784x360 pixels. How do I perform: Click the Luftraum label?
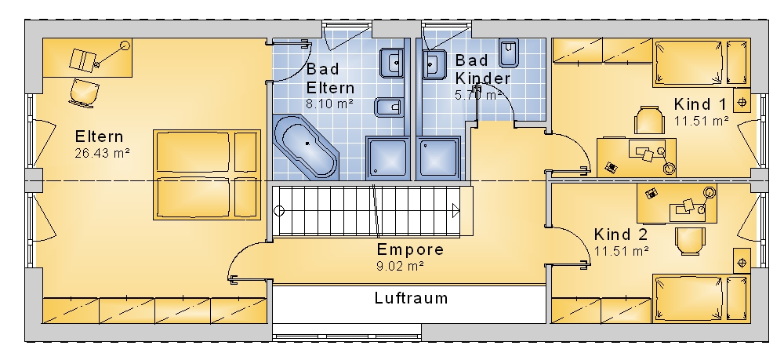411,298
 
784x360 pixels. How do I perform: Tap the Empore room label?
410,250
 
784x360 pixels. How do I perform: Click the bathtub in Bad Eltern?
307,147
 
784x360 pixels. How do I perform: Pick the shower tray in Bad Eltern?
387,157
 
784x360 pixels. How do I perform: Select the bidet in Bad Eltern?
389,107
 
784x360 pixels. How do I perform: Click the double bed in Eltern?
206,175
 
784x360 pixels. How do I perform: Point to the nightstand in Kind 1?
742,102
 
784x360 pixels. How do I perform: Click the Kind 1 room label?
700,104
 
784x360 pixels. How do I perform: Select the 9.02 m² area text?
400,266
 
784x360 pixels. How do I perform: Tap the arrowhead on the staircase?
456,209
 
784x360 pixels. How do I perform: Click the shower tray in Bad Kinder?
442,157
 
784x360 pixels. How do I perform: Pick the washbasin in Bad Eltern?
393,60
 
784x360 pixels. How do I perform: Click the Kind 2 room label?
621,235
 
